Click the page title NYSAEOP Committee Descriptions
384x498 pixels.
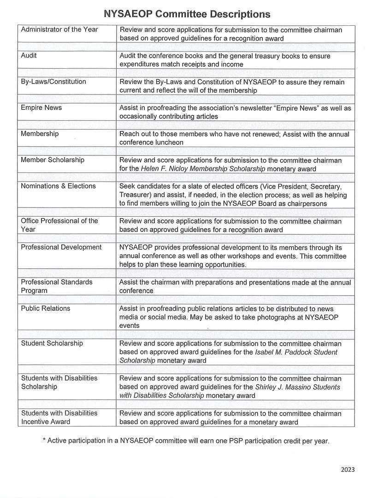[x=187, y=14]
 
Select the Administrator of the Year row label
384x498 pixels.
[x=59, y=30]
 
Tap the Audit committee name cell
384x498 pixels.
[x=29, y=55]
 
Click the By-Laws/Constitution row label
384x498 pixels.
[x=53, y=82]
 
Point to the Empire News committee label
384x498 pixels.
[x=41, y=107]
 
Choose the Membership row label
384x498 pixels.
[x=40, y=134]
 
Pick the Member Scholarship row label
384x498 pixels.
[x=53, y=160]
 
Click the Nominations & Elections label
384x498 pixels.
[x=58, y=186]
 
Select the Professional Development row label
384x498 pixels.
[x=61, y=247]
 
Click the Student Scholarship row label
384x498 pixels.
[x=52, y=343]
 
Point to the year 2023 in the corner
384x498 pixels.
[x=348, y=470]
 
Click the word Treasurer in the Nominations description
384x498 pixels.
[x=135, y=195]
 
